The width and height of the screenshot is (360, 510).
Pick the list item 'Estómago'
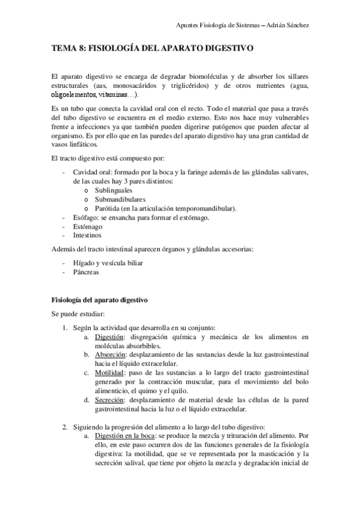(87, 227)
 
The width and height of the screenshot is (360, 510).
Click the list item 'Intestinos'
(87, 236)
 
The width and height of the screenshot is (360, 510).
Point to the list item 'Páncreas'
(87, 272)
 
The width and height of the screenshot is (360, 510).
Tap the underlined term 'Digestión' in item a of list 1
(110, 337)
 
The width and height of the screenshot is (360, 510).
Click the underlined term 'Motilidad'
(109, 373)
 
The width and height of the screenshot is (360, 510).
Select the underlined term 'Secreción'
(109, 401)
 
